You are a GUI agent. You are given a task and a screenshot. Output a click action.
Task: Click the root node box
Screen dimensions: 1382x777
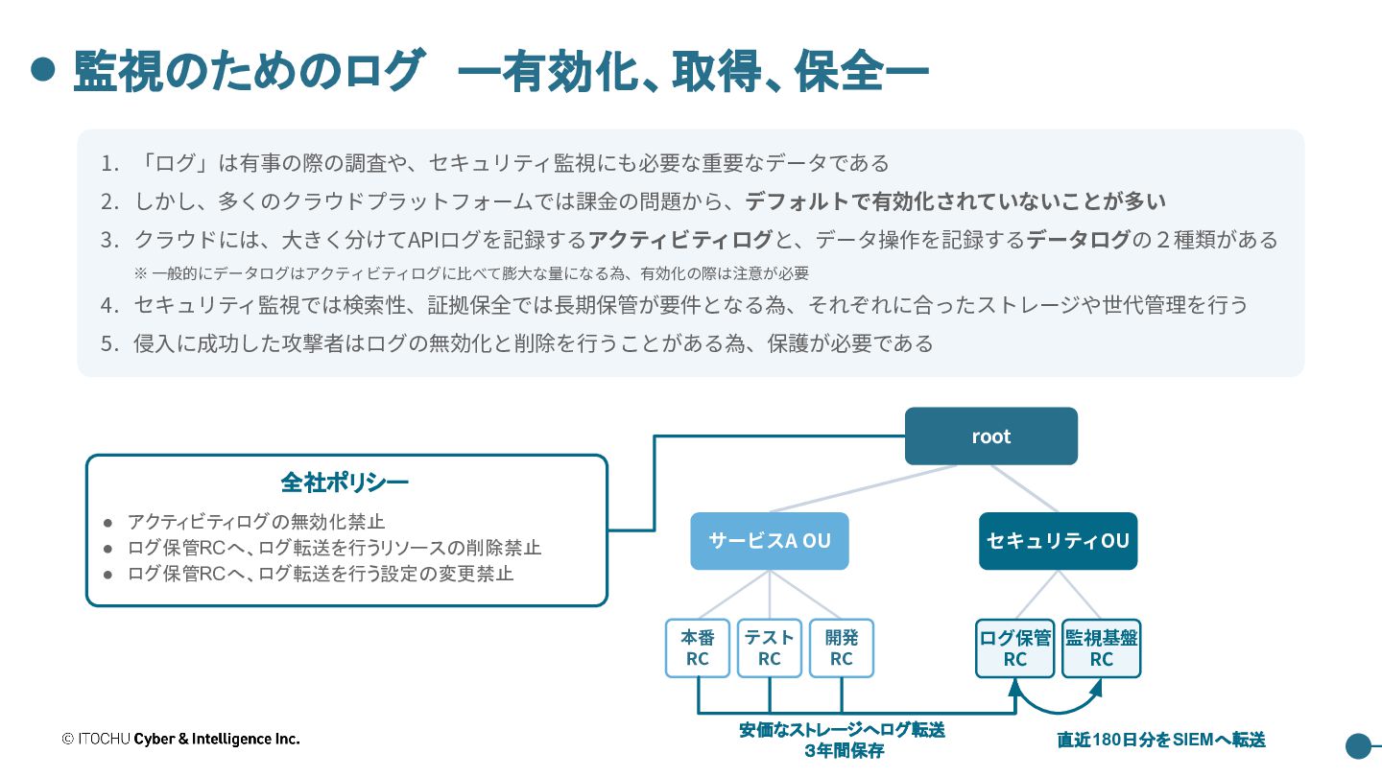(x=990, y=436)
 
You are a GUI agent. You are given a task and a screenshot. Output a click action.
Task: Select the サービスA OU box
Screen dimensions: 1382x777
(x=770, y=541)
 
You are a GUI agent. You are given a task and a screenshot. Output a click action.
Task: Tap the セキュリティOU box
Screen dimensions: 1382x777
(x=1058, y=541)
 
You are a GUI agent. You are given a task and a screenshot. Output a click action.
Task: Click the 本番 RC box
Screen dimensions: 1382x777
(x=698, y=648)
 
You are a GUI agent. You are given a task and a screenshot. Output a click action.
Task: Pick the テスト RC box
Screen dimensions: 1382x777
(x=770, y=648)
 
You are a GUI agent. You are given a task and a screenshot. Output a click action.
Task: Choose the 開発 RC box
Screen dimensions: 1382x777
(x=842, y=648)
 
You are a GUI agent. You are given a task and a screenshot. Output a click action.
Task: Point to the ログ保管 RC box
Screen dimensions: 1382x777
(x=1015, y=648)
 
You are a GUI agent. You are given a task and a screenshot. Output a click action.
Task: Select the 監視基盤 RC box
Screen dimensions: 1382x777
(x=1102, y=648)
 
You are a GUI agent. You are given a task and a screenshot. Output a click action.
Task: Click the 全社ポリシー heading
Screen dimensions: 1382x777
(x=345, y=483)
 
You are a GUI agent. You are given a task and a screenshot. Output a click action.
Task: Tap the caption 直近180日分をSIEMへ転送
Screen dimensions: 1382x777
(x=1161, y=740)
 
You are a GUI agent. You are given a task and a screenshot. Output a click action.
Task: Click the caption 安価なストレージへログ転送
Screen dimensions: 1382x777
(x=843, y=730)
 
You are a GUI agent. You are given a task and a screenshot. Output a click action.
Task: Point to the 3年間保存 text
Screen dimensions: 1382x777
(x=844, y=750)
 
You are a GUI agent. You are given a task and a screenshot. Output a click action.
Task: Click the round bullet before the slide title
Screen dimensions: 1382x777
(x=43, y=69)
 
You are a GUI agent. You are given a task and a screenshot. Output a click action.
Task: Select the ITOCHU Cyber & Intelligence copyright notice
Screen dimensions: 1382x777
(x=180, y=739)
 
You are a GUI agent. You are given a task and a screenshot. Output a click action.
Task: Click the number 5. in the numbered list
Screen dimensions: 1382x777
(x=109, y=343)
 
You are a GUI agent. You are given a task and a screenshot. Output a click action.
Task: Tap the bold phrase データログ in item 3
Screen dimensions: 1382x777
(x=1078, y=239)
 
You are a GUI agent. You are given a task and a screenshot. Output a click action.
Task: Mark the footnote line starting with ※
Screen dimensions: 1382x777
(x=471, y=273)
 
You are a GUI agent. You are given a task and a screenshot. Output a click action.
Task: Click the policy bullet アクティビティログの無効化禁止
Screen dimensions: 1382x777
(x=256, y=522)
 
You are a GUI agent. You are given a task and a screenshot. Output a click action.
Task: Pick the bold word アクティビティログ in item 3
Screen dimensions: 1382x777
(x=679, y=239)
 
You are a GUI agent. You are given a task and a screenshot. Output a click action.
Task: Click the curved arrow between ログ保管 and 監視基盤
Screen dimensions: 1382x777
(x=1058, y=711)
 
